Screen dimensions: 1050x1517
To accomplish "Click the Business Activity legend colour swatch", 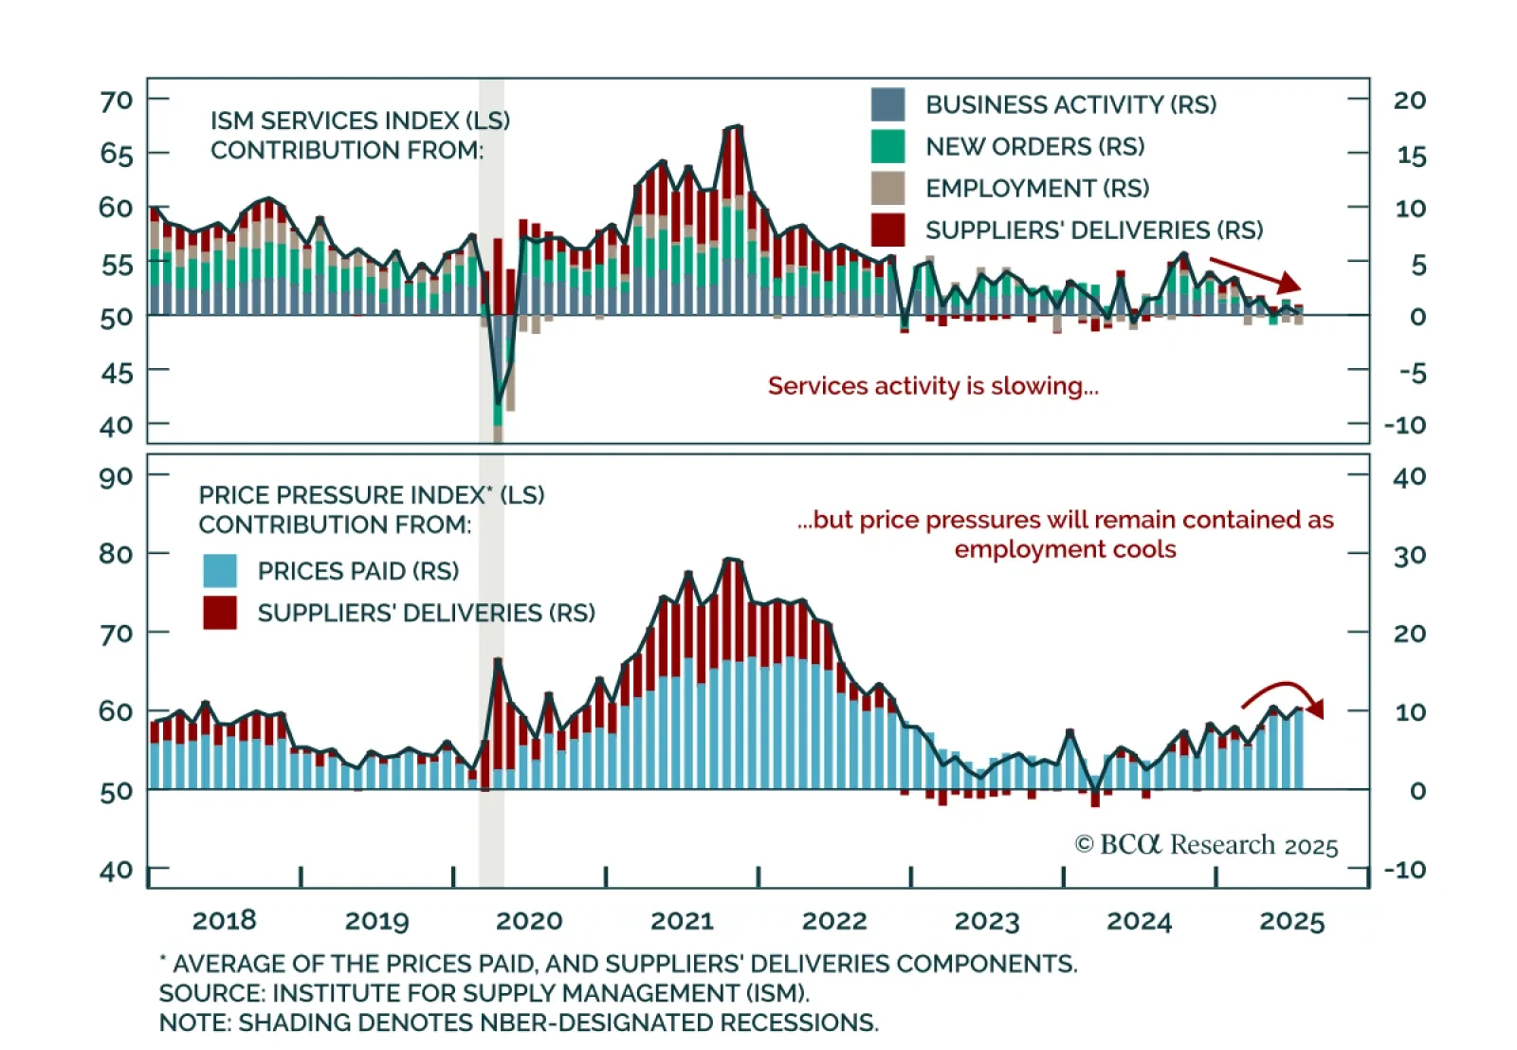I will tap(887, 104).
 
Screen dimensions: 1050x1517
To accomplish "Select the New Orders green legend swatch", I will tap(887, 146).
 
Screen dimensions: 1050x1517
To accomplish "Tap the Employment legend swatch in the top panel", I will tap(887, 188).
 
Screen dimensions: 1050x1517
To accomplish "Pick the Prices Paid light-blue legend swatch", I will tap(220, 571).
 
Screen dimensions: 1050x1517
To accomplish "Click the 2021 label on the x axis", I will tap(682, 921).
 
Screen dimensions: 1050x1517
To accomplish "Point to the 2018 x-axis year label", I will tap(224, 921).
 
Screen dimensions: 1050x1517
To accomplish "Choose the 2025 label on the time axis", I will tap(1291, 921).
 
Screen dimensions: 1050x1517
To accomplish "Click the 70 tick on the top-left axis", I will tap(117, 101).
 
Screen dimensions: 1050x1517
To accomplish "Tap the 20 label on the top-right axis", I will tap(1410, 101).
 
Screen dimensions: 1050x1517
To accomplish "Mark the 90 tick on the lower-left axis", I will tap(117, 476).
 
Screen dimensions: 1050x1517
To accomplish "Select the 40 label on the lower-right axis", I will tap(1410, 476).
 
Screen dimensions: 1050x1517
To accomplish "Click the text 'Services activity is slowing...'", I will tap(933, 386).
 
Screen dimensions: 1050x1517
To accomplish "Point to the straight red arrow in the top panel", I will tap(1254, 273).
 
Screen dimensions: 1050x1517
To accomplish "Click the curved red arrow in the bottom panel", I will tap(1283, 694).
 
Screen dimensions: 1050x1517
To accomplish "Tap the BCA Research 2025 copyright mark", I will tap(1206, 845).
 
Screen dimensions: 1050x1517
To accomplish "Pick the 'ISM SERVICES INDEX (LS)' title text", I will tap(360, 121).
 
